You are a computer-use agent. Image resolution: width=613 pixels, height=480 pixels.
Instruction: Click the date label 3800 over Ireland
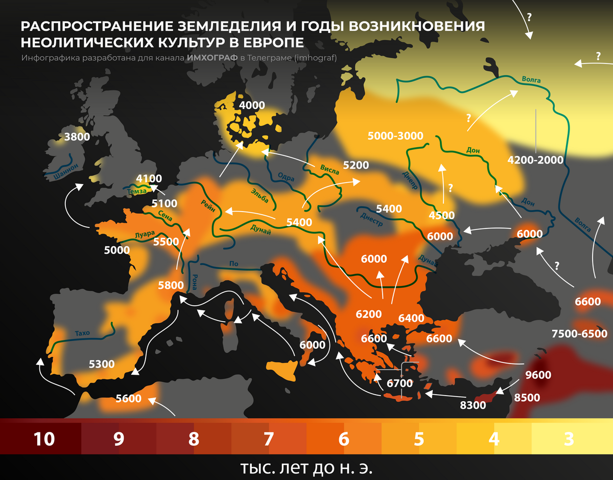click(x=77, y=136)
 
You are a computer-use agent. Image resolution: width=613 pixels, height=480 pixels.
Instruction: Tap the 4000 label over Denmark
click(x=252, y=106)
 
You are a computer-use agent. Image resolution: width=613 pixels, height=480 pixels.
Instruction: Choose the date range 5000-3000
click(x=395, y=135)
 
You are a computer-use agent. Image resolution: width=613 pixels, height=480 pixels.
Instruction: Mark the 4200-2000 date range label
click(x=535, y=160)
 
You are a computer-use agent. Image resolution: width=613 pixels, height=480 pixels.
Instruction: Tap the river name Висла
click(x=329, y=170)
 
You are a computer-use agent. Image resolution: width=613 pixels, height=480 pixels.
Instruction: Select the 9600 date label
click(x=538, y=375)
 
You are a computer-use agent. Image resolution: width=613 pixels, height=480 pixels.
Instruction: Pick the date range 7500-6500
click(x=579, y=334)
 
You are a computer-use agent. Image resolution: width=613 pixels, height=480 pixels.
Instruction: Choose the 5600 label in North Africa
click(x=128, y=399)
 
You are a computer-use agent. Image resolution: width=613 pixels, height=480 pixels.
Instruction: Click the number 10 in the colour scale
click(x=44, y=439)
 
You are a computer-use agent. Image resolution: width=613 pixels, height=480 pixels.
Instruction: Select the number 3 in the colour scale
click(x=569, y=439)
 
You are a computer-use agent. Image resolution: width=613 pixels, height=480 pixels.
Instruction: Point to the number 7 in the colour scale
click(x=269, y=439)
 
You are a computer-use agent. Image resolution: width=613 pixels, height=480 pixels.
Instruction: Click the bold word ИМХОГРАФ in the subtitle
click(x=212, y=58)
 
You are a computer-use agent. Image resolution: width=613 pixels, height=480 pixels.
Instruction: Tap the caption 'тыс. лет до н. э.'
click(x=306, y=468)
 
